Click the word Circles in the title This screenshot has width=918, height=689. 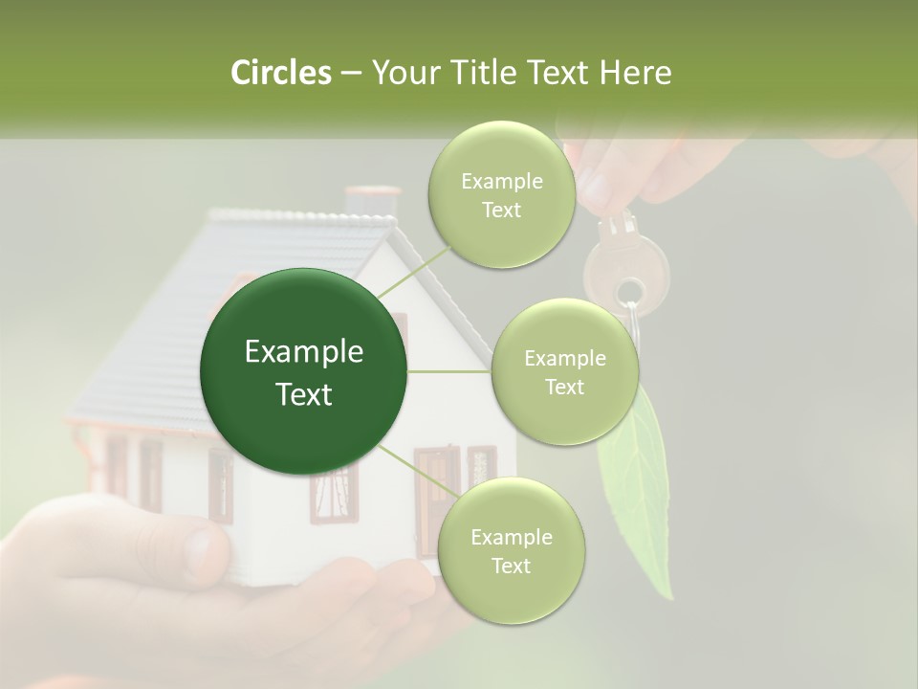pyautogui.click(x=280, y=73)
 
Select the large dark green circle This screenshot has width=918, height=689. pyautogui.click(x=304, y=371)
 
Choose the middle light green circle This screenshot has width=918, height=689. pyautogui.click(x=564, y=371)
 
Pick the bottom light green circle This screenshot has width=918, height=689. pyautogui.click(x=511, y=549)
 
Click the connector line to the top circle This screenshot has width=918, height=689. pyautogui.click(x=413, y=269)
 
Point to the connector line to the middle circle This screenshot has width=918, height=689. pyautogui.click(x=449, y=371)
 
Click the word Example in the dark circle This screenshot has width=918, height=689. pyautogui.click(x=304, y=352)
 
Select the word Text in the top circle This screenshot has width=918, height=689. pyautogui.click(x=501, y=210)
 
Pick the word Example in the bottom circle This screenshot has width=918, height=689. pyautogui.click(x=511, y=537)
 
